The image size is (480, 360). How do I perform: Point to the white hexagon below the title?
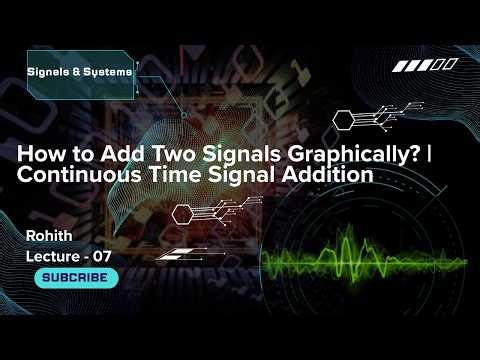tap(183, 212)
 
